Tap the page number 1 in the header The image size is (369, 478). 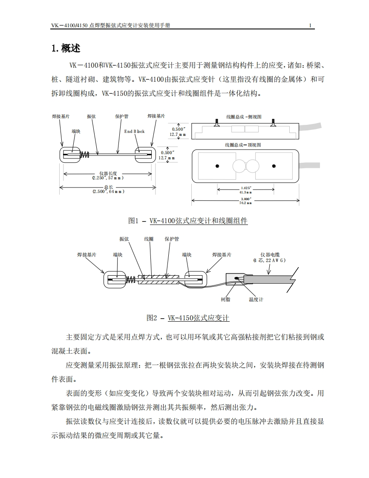(310, 26)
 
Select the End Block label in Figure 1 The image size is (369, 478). (134, 131)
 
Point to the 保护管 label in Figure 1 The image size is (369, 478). (121, 116)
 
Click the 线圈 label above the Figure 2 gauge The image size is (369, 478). (149, 239)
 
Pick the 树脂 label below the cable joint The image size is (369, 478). (225, 299)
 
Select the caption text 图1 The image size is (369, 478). (134, 221)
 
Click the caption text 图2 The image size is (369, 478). (152, 318)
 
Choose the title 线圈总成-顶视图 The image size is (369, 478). (243, 145)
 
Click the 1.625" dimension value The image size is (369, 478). (246, 187)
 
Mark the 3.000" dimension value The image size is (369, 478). (246, 199)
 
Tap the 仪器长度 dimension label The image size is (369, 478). (108, 173)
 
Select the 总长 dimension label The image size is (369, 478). (108, 187)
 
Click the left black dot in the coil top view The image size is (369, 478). (217, 166)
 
